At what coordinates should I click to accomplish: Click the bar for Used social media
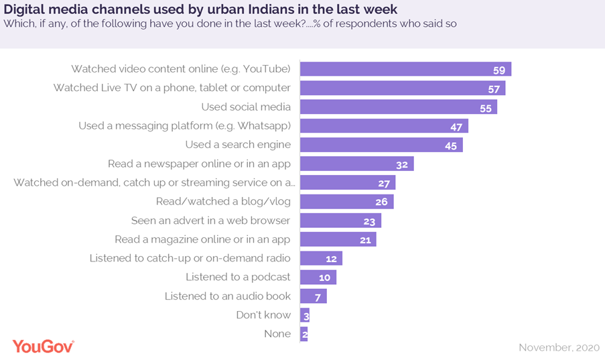click(398, 107)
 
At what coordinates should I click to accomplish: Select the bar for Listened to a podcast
click(318, 278)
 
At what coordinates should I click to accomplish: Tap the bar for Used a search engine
click(381, 145)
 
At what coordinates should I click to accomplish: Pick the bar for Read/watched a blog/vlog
click(346, 202)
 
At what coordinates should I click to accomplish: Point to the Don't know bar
click(305, 315)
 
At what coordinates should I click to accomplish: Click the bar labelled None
click(304, 334)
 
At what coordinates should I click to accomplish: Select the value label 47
click(457, 126)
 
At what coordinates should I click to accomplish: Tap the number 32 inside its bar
click(403, 164)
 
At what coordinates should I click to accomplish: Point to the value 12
click(331, 259)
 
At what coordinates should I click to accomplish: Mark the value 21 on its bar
click(365, 240)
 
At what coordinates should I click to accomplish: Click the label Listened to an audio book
click(228, 296)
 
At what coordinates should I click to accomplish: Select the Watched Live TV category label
click(172, 88)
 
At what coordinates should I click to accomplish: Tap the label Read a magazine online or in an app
click(202, 239)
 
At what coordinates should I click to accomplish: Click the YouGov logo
click(43, 346)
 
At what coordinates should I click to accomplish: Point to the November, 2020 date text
click(560, 347)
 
